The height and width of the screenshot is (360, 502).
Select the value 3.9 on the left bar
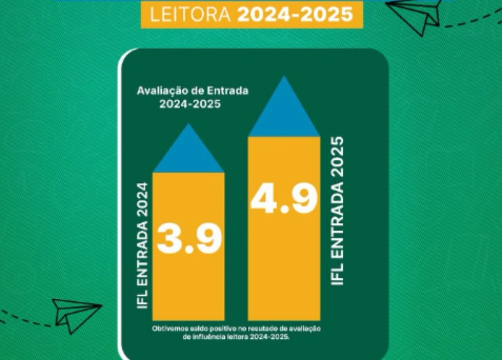pos(189,239)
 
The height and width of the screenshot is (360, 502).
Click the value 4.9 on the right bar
pos(284,198)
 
